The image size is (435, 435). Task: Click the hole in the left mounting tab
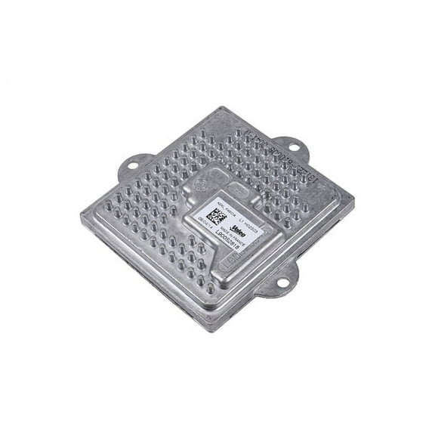pyautogui.click(x=130, y=164)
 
